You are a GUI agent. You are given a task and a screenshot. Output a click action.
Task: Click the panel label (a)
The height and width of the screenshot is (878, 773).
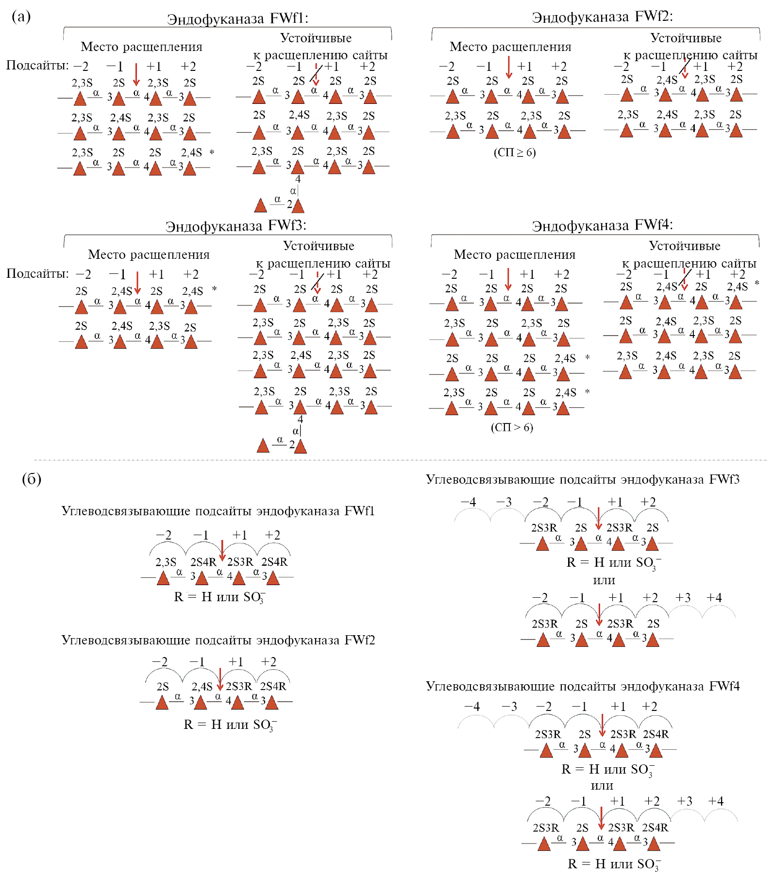pyautogui.click(x=21, y=17)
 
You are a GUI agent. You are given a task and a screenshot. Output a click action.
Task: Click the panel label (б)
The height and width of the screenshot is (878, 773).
pyautogui.click(x=32, y=479)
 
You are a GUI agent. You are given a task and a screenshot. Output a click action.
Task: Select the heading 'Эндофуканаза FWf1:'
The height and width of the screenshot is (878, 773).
pyautogui.click(x=237, y=18)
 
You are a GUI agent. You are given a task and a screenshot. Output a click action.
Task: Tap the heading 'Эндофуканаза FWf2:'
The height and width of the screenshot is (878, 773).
pyautogui.click(x=602, y=17)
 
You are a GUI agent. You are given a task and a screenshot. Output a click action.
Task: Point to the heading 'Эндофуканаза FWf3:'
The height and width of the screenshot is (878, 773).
pyautogui.click(x=235, y=226)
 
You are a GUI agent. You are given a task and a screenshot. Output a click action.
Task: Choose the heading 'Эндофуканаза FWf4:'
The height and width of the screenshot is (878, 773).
pyautogui.click(x=602, y=226)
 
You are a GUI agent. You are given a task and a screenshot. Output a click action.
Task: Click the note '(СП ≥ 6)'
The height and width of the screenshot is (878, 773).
pyautogui.click(x=515, y=152)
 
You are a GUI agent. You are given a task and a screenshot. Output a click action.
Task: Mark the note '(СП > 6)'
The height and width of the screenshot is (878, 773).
pyautogui.click(x=512, y=427)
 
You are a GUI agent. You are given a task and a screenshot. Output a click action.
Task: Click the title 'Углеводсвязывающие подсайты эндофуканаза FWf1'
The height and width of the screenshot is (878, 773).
pyautogui.click(x=218, y=511)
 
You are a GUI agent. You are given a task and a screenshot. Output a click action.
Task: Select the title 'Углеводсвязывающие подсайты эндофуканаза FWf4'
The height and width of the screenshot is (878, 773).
pyautogui.click(x=583, y=686)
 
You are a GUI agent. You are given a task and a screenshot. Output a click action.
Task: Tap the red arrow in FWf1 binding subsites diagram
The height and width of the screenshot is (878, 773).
pyautogui.click(x=222, y=551)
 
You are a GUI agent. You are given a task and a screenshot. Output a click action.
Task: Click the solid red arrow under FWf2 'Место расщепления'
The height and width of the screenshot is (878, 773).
pyautogui.click(x=508, y=67)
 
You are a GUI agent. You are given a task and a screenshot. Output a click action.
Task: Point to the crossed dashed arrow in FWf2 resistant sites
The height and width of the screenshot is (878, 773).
pyautogui.click(x=685, y=67)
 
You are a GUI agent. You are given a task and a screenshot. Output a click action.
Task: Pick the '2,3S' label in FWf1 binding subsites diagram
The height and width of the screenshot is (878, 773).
pyautogui.click(x=166, y=562)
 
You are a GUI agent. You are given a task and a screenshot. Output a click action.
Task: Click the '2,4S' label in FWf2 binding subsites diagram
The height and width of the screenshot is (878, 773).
pyautogui.click(x=202, y=687)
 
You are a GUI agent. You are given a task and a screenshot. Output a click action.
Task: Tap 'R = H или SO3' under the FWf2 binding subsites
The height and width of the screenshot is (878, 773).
pyautogui.click(x=230, y=725)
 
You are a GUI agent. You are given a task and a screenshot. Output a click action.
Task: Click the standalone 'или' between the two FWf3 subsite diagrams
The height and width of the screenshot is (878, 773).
pyautogui.click(x=604, y=580)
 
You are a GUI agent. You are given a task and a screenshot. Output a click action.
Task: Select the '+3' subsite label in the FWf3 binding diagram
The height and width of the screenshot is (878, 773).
pyautogui.click(x=683, y=598)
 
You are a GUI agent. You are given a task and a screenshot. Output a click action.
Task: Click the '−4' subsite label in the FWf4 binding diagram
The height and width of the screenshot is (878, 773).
pyautogui.click(x=472, y=707)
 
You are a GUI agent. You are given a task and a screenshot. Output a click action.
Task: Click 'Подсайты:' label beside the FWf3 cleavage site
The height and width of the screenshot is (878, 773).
pyautogui.click(x=37, y=274)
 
